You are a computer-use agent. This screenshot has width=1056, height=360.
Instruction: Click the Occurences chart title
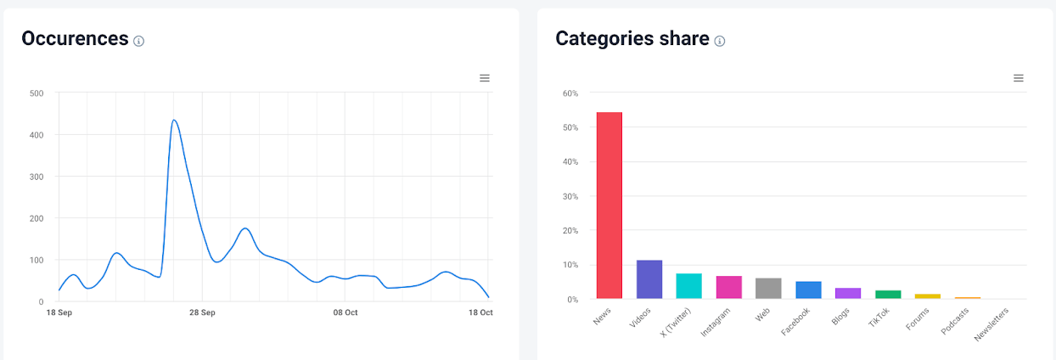(75, 38)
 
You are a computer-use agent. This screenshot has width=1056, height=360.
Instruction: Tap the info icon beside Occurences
(139, 41)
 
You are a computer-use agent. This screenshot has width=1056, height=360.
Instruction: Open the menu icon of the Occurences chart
(485, 78)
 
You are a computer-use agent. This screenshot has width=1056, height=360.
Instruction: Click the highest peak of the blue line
(173, 121)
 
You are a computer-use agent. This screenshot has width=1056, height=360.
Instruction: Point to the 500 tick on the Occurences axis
(36, 93)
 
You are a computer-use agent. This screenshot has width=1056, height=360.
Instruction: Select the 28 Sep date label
(201, 312)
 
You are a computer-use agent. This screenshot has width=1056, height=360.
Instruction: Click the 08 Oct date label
(345, 312)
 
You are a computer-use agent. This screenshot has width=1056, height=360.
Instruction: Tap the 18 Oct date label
(480, 312)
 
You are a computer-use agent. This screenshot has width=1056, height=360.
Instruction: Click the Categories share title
(632, 38)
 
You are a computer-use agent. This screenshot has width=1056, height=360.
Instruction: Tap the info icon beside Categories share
(720, 41)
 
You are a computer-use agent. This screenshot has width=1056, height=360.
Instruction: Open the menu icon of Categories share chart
(1019, 78)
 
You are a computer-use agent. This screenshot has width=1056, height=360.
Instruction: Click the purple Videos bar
(649, 279)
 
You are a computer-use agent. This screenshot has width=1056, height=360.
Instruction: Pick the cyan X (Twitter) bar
(688, 286)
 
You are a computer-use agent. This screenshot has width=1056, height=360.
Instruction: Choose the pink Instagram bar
(729, 287)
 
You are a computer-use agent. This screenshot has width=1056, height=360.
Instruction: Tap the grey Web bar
(768, 289)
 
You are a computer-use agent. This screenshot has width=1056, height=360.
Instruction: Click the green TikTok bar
(888, 295)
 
